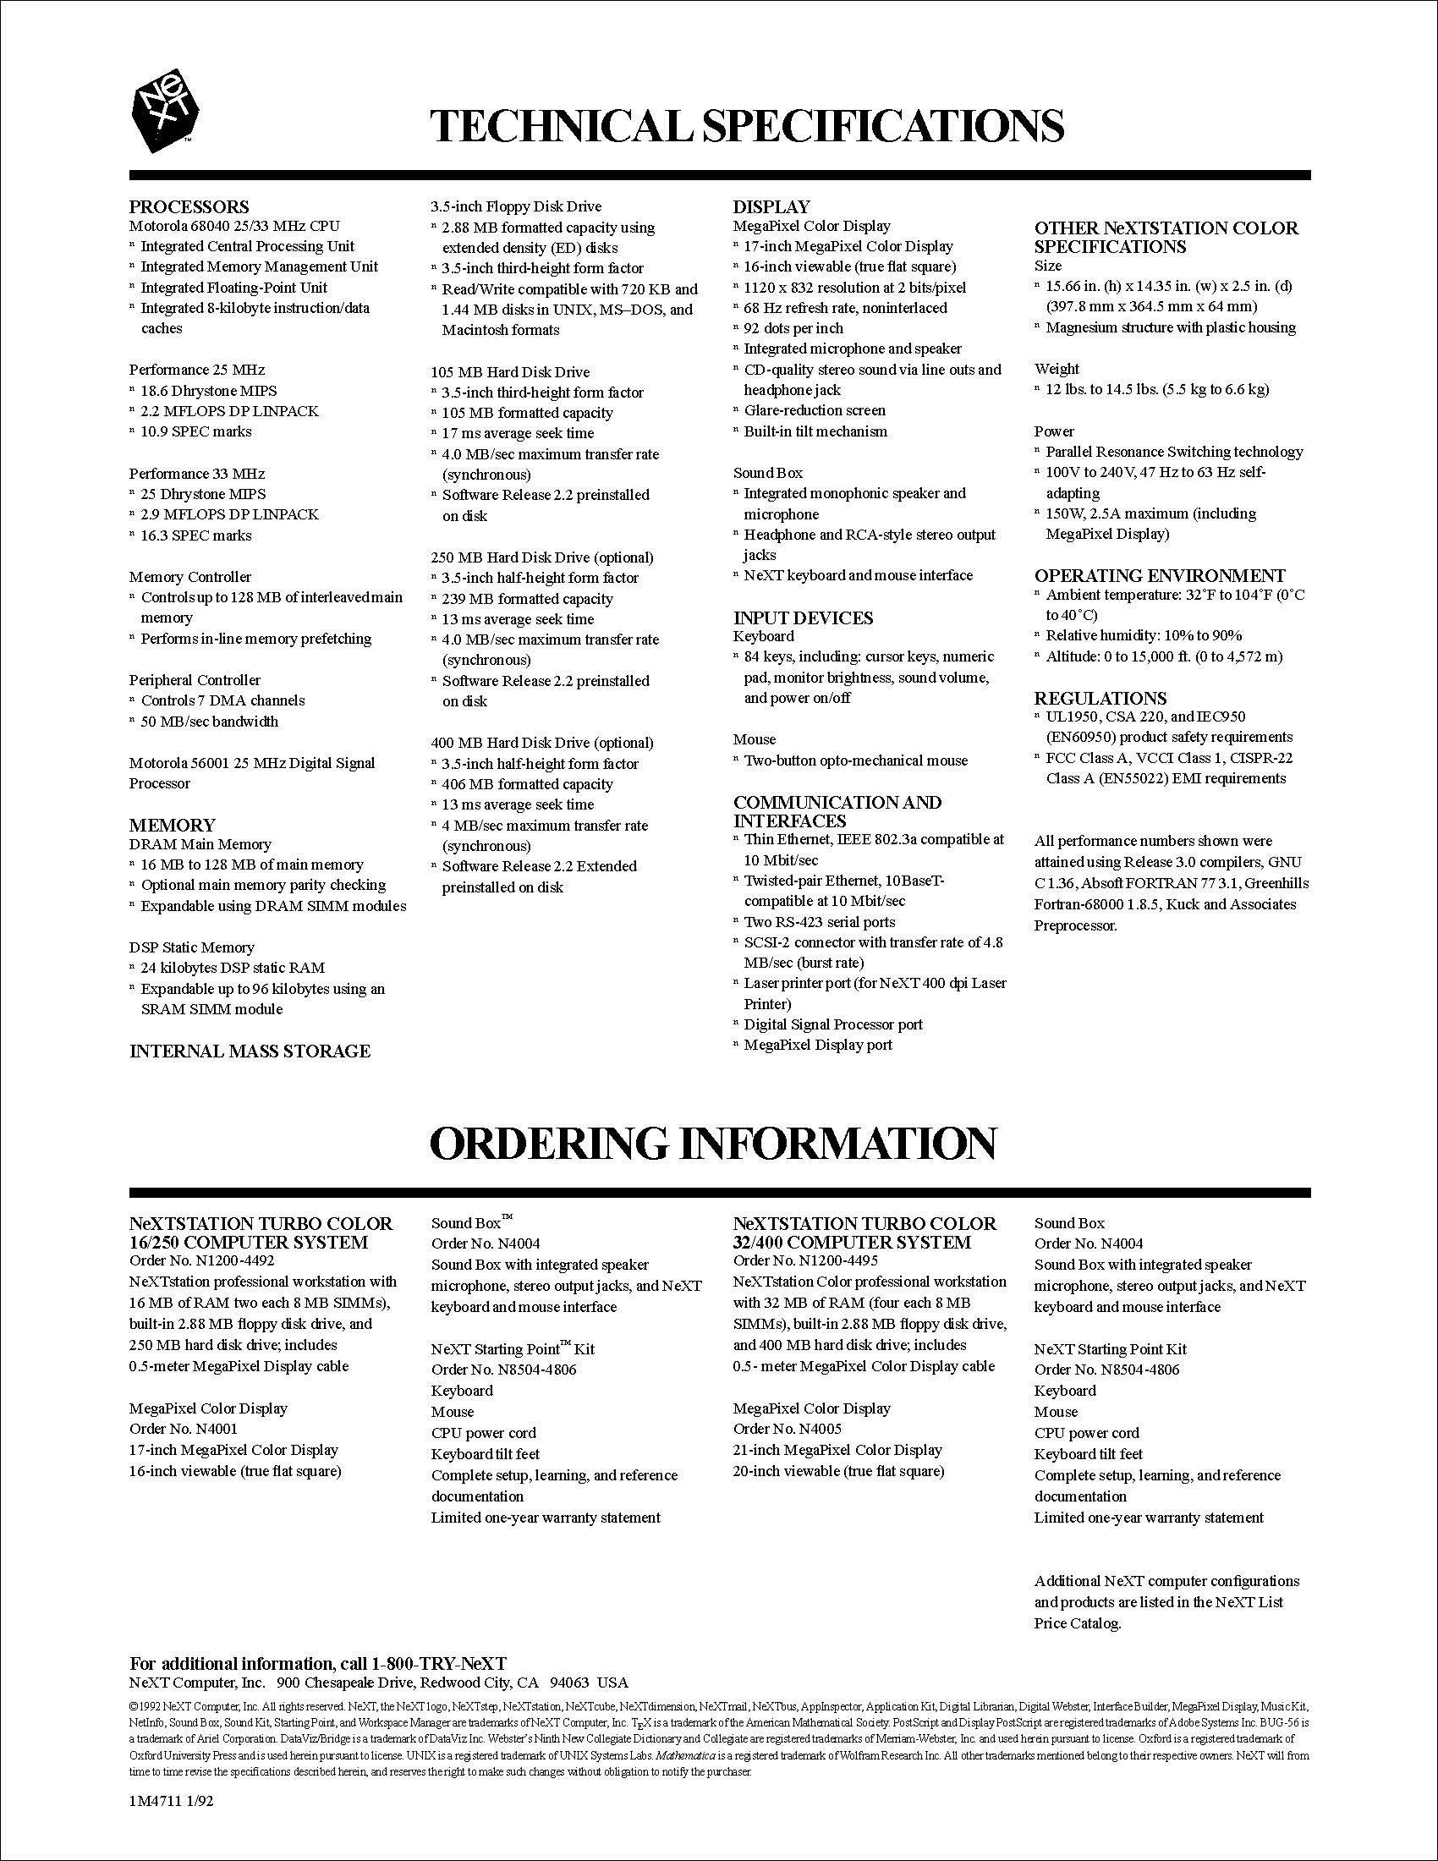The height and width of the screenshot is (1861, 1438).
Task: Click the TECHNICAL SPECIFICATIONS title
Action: click(x=746, y=126)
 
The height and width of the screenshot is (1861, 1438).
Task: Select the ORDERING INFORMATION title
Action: click(x=713, y=1144)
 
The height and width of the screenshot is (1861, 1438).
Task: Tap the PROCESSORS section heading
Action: click(x=189, y=206)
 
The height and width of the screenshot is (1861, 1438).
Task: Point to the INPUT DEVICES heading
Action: click(x=804, y=618)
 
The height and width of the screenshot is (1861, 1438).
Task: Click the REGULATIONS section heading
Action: click(x=1100, y=698)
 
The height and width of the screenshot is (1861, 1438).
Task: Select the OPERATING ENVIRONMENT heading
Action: click(x=1160, y=575)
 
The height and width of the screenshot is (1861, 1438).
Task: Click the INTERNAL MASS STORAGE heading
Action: click(x=250, y=1051)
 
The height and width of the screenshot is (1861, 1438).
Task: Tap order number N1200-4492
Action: click(x=202, y=1260)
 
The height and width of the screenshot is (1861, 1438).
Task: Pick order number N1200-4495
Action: click(x=806, y=1260)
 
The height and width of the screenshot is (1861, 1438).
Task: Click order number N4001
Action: click(x=184, y=1429)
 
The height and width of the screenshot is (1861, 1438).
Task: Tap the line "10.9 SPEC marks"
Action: click(x=195, y=431)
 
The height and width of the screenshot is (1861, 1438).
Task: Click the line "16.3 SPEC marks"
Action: click(x=195, y=535)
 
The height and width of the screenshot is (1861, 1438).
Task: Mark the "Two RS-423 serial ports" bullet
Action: click(x=819, y=922)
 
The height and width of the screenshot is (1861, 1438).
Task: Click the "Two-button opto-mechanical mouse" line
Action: click(x=855, y=760)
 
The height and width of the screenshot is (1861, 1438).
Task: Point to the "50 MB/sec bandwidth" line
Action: click(x=209, y=721)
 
